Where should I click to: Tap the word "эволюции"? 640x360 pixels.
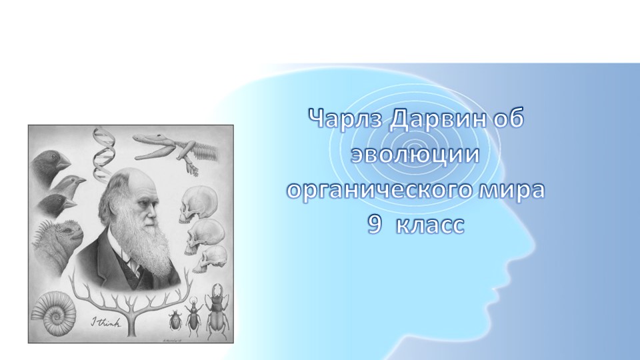pyautogui.click(x=416, y=155)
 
